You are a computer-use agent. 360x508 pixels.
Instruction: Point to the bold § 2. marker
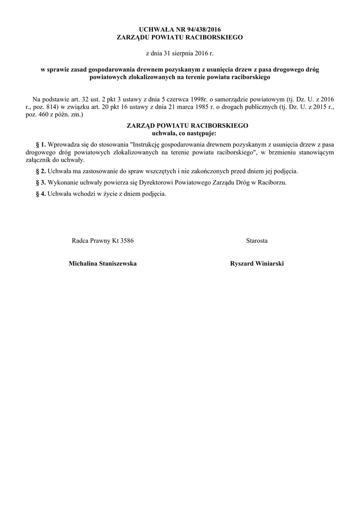point(41,171)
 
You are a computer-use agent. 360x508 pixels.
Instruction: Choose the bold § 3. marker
point(41,183)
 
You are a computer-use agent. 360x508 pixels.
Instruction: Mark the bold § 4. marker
point(41,194)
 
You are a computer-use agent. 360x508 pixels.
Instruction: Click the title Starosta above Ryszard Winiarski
point(257,241)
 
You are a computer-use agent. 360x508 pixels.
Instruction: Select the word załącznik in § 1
point(39,160)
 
